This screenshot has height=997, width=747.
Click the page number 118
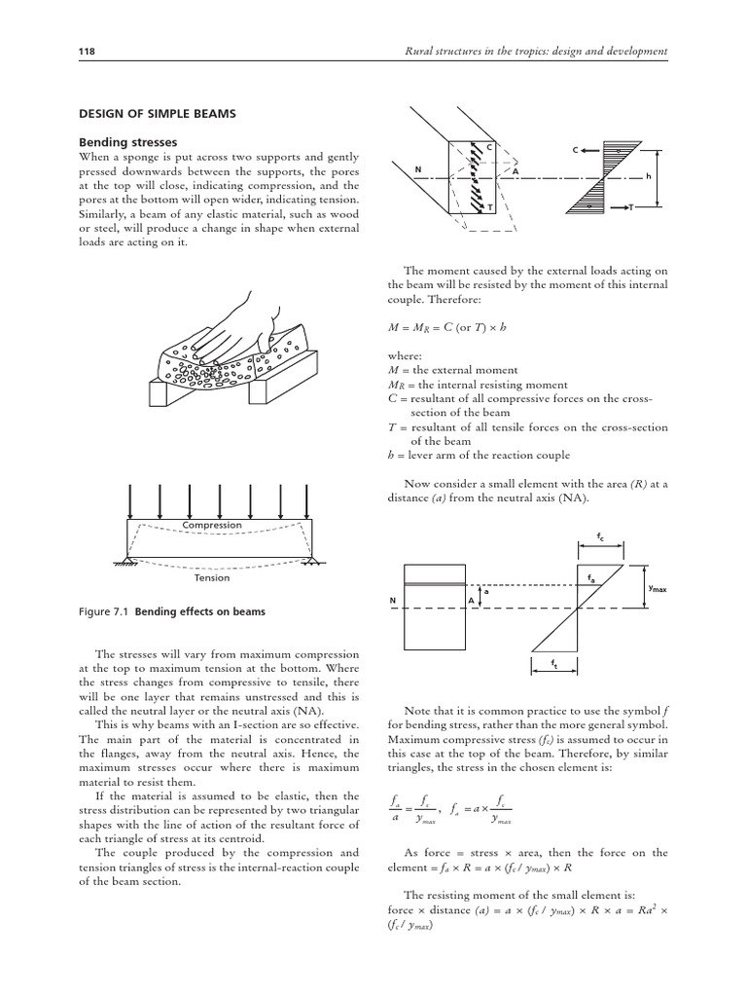tap(84, 51)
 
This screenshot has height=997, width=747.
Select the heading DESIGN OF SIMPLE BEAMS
tap(157, 114)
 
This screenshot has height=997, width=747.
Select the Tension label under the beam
tap(213, 577)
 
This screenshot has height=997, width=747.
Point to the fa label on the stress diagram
tap(591, 577)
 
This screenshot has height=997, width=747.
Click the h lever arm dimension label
tap(647, 176)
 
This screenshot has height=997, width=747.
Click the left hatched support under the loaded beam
tap(128, 563)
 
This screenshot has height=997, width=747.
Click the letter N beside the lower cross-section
tap(392, 600)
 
